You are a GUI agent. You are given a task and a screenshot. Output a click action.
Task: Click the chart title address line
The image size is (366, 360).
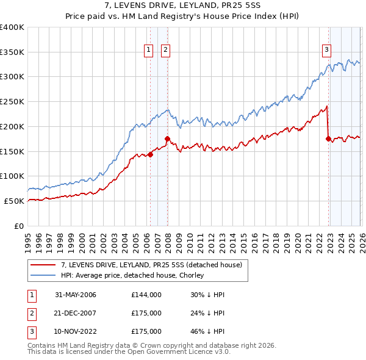(x=183, y=5)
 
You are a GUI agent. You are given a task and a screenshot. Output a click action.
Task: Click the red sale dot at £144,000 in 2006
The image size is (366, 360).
(x=150, y=154)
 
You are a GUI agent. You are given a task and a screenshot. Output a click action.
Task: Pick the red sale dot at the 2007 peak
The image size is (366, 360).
(x=167, y=139)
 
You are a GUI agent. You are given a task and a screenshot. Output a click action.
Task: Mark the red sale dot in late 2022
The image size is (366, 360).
(x=329, y=139)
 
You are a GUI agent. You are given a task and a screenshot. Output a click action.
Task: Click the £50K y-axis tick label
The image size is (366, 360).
(x=15, y=201)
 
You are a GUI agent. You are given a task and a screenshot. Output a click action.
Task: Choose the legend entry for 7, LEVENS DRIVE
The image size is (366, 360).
(x=152, y=265)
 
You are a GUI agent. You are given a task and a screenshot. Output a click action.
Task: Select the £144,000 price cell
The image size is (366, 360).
(x=146, y=295)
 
